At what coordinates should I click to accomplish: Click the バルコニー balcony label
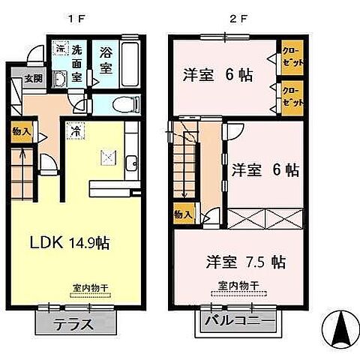tap(242, 325)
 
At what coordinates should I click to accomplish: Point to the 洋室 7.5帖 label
tap(245, 262)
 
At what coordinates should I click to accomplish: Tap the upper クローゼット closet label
tap(292, 57)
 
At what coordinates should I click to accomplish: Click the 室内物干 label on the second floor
tap(238, 285)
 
